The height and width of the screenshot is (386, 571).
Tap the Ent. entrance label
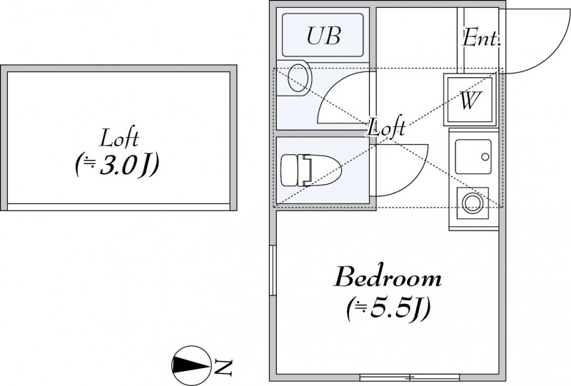click(x=481, y=38)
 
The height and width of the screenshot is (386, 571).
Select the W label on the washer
click(x=469, y=101)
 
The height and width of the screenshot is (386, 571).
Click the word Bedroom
click(x=388, y=276)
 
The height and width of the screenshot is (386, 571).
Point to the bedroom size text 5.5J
click(x=388, y=308)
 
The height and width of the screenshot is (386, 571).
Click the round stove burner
click(x=473, y=203)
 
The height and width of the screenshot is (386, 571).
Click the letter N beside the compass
click(x=223, y=367)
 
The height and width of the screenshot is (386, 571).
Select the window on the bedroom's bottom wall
click(x=409, y=376)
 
